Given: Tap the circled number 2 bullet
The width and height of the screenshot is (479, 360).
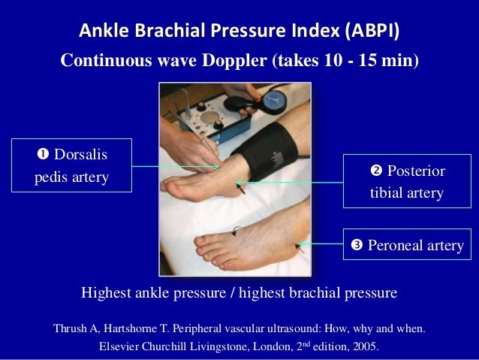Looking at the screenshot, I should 376,171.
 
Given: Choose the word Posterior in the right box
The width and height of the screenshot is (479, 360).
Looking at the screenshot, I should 416,171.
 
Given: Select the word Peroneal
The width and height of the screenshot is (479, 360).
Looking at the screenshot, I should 396,245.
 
